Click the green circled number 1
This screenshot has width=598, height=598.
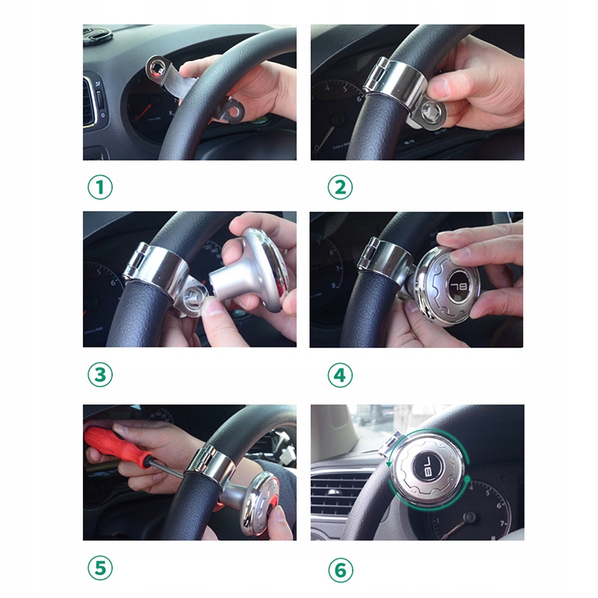point(100,187)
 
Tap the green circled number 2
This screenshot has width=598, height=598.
point(340,187)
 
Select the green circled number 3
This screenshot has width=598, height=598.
point(100,374)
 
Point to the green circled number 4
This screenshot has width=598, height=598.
point(340,375)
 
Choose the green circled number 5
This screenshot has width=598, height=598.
point(100,568)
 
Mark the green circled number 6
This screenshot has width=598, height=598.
point(340,570)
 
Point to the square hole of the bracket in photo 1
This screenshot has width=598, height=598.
point(157,70)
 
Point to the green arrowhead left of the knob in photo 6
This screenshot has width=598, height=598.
point(389,463)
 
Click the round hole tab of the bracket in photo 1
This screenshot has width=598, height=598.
point(235,110)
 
